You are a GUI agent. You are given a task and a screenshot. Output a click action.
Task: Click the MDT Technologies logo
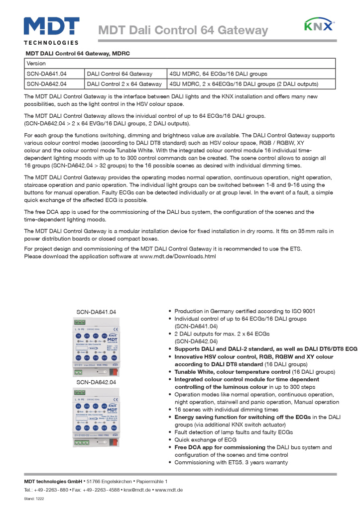click(51, 30)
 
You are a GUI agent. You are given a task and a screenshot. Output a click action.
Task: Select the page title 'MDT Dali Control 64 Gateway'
click(183, 31)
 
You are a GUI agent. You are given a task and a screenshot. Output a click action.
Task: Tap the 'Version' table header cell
click(36, 64)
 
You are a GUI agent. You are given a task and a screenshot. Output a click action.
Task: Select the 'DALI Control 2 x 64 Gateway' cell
click(124, 84)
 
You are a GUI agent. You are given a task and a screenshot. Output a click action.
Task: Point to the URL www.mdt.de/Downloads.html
click(178, 256)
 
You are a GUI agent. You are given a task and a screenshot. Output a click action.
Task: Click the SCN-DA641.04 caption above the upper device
click(96, 312)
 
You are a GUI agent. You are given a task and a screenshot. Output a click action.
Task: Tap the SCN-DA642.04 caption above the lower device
click(96, 382)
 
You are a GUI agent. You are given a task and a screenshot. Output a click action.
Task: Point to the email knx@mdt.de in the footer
click(137, 490)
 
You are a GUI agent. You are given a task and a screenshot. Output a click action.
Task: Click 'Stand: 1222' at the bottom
click(35, 498)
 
